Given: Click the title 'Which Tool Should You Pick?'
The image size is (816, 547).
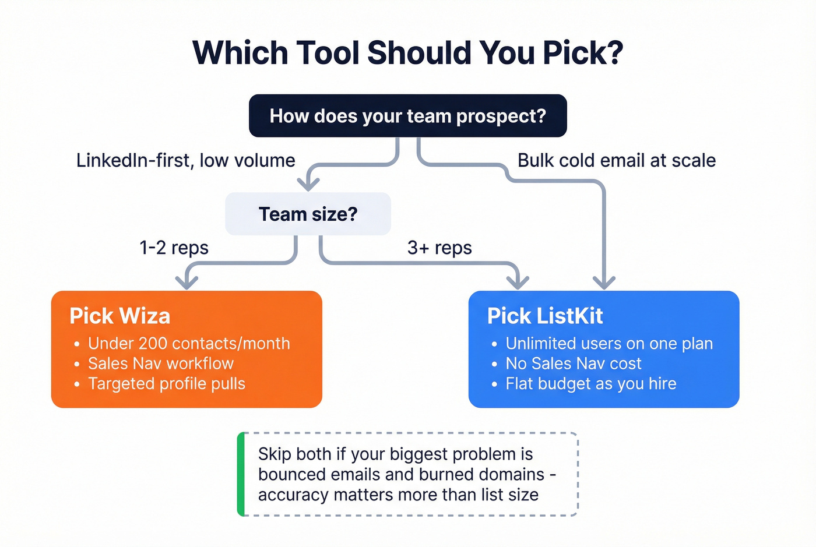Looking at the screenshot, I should [408, 52].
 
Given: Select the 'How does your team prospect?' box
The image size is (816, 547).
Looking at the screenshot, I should [408, 116].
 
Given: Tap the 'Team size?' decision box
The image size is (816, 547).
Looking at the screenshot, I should [308, 214].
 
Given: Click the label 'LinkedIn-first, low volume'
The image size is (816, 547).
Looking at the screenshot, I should [185, 160].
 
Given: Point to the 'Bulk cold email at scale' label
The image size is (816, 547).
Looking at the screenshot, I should [617, 160].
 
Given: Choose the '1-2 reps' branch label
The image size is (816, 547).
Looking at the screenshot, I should [174, 248].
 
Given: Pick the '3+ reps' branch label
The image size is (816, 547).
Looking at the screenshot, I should [439, 248].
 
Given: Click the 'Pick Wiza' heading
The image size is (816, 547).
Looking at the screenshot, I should [120, 316].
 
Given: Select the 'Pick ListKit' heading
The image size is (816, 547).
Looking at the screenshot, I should [545, 316].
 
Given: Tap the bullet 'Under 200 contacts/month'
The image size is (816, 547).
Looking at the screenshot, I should [189, 343].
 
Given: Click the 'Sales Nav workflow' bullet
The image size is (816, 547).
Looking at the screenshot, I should [161, 364].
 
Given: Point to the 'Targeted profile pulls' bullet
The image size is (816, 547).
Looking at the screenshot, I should [167, 384].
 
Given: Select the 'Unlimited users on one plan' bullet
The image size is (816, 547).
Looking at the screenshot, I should [609, 343].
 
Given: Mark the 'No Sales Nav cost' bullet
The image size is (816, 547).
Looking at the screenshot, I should [574, 364].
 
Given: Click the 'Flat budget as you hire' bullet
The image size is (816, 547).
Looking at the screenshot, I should [591, 384].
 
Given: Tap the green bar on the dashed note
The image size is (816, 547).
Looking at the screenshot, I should [241, 474].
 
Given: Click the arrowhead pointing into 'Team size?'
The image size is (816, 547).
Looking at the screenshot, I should [308, 184].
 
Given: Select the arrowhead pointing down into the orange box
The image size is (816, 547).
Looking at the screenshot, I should [187, 283].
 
